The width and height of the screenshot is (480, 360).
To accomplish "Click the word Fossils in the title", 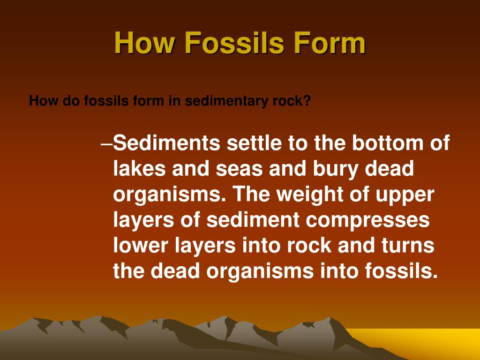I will click(234, 44).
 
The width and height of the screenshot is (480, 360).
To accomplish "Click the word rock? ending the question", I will click(294, 101).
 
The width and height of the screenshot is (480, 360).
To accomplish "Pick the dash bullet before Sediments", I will click(107, 143).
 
